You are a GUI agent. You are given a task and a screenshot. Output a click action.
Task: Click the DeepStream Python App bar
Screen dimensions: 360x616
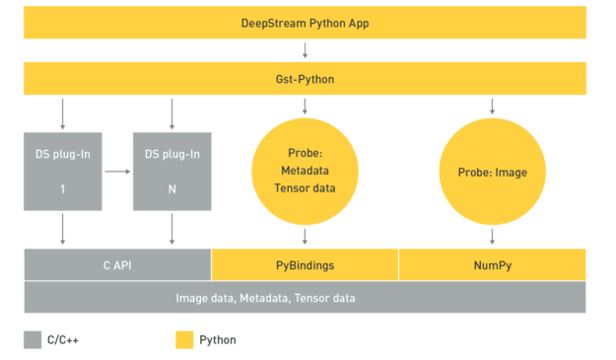(305, 22)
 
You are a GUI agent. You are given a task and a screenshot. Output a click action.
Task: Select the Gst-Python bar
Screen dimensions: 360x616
(305, 78)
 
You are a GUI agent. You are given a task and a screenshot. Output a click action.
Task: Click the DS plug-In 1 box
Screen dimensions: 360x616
(63, 171)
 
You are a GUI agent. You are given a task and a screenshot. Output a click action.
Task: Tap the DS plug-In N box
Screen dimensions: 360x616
(172, 171)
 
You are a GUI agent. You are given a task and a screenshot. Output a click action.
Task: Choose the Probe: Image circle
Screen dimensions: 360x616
(492, 172)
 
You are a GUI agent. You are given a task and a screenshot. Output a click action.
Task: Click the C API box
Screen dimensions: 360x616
(117, 264)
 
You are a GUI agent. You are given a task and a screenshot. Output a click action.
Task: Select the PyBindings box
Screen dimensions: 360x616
(305, 264)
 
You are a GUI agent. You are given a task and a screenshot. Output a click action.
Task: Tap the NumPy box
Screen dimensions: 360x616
(492, 264)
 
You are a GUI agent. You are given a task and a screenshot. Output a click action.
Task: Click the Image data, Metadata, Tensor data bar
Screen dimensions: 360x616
(305, 297)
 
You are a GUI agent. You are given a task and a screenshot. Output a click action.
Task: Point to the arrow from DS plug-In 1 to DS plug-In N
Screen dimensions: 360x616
(117, 171)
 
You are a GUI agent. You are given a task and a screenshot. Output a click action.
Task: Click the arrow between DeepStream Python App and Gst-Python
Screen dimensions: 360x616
(305, 49)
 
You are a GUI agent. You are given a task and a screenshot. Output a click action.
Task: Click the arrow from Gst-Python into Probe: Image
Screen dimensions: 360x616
(492, 106)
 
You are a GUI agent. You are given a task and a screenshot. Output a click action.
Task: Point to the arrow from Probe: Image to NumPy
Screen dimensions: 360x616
(492, 236)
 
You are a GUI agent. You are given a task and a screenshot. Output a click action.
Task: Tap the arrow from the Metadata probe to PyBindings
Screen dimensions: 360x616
(305, 236)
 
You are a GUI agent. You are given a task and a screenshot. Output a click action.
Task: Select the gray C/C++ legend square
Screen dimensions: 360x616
(33, 340)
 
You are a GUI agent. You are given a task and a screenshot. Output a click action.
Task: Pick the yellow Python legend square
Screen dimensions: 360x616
(184, 340)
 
